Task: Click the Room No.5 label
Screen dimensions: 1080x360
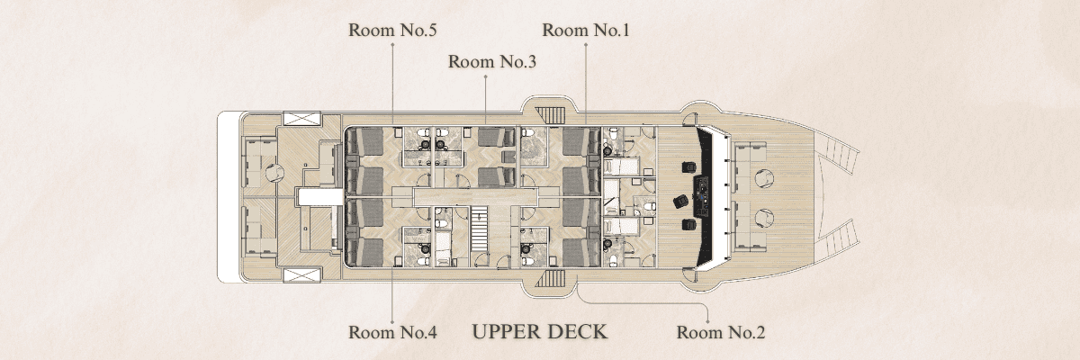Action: click(x=392, y=31)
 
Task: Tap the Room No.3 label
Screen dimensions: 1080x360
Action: click(x=492, y=62)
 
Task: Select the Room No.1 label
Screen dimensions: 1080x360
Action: click(x=586, y=31)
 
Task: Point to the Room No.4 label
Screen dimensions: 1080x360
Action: click(x=392, y=332)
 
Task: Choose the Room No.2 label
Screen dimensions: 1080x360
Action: click(x=721, y=332)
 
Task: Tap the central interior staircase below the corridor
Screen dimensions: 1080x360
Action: click(x=480, y=229)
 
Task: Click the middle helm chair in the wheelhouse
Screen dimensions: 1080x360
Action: click(x=679, y=202)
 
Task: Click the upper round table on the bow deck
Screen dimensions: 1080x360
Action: click(x=764, y=179)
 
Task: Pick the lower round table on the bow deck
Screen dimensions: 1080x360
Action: click(x=764, y=219)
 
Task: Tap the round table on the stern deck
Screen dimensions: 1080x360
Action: click(x=274, y=173)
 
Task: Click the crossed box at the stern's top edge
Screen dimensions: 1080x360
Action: click(x=301, y=119)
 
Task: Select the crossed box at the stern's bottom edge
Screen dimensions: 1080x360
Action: click(x=301, y=275)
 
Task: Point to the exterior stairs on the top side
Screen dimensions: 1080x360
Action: click(x=550, y=115)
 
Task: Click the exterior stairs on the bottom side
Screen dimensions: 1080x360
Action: click(x=550, y=279)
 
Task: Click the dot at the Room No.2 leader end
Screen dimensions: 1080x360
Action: click(x=707, y=321)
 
